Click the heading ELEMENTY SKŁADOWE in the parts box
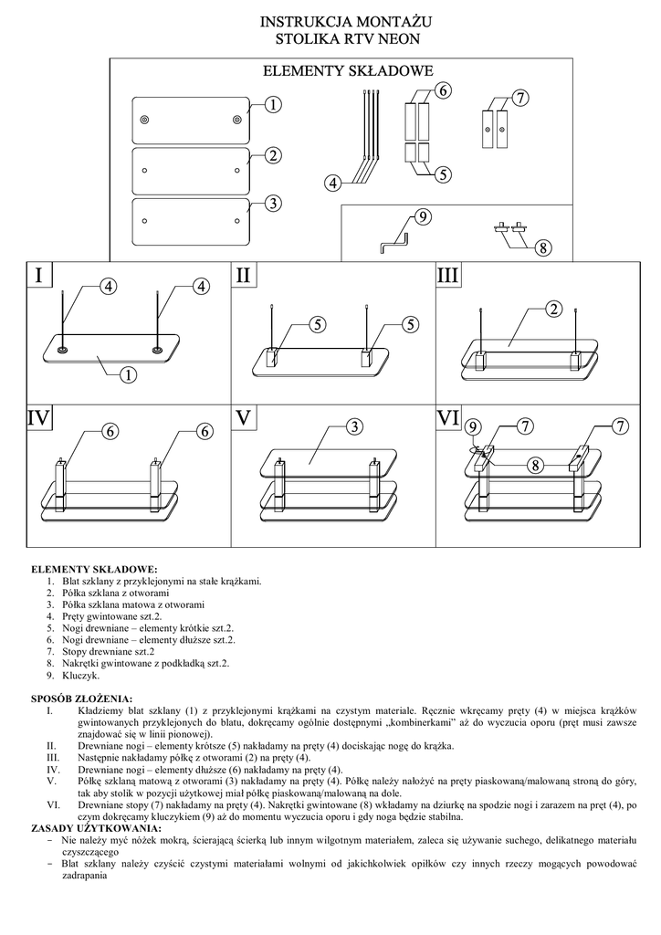(x=348, y=70)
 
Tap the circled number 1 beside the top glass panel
(x=272, y=105)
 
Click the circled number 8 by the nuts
(x=542, y=247)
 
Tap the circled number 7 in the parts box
(x=519, y=99)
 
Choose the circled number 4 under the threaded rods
(x=333, y=184)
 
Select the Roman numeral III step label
(x=448, y=275)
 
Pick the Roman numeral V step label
(x=243, y=417)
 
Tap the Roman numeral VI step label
(x=448, y=417)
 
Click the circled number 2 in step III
(x=552, y=310)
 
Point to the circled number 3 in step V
(x=354, y=426)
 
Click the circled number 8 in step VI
(x=536, y=465)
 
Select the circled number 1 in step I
(x=128, y=373)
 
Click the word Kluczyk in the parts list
(x=81, y=677)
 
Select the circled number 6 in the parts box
(x=443, y=91)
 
